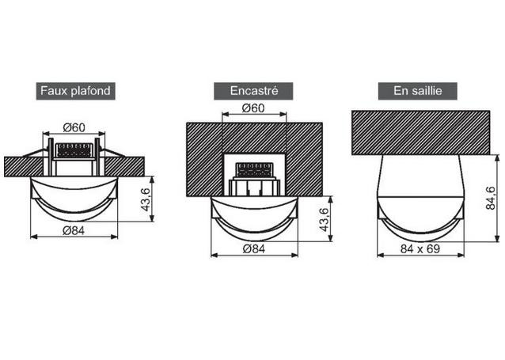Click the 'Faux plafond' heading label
(75, 91)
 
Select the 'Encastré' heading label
(253, 91)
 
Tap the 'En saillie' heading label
(417, 91)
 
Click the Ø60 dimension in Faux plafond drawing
(74, 128)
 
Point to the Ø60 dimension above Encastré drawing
(253, 108)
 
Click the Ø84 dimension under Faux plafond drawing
(74, 230)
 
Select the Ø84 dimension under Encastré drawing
(254, 249)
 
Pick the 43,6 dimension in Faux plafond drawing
(146, 199)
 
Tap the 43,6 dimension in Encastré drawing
(325, 220)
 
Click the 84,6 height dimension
(491, 198)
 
